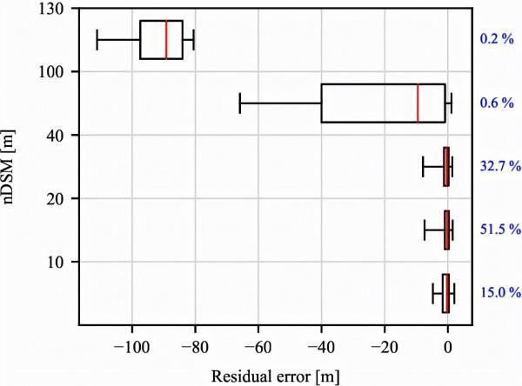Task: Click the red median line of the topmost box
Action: click(x=165, y=39)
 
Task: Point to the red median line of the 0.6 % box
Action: click(x=418, y=103)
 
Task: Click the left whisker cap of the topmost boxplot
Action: click(x=97, y=39)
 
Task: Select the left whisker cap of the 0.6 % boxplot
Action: click(x=239, y=103)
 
